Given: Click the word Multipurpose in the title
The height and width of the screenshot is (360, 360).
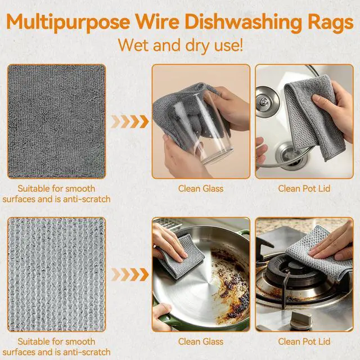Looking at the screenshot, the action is click(68, 22).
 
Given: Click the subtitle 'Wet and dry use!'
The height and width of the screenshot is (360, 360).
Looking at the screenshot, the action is click(181, 45).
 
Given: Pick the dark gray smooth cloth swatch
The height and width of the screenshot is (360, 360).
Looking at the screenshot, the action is click(56, 121).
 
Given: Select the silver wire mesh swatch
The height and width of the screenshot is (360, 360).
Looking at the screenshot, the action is click(56, 274).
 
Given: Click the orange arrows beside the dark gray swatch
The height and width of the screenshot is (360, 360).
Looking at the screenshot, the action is click(130, 121).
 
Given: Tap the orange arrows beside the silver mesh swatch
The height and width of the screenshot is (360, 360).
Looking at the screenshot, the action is click(130, 274).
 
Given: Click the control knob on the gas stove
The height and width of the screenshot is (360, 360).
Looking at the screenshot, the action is click(301, 319).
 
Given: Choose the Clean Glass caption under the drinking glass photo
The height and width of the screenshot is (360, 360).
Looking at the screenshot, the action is click(201, 189).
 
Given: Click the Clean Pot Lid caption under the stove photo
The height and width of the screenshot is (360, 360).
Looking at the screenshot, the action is click(304, 341).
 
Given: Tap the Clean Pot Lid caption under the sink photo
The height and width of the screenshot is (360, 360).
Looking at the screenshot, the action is click(304, 189).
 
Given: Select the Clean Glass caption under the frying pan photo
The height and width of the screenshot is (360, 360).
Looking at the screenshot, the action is click(201, 341).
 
